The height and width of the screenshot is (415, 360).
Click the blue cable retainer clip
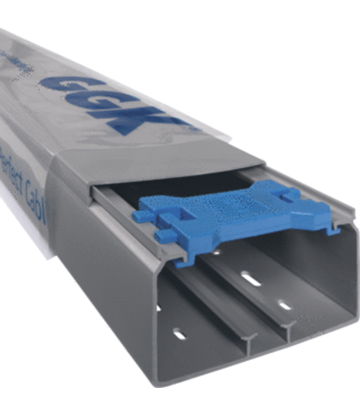(238, 216)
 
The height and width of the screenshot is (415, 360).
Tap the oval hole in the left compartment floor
(179, 333)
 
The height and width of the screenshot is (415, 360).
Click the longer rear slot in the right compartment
(251, 279)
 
